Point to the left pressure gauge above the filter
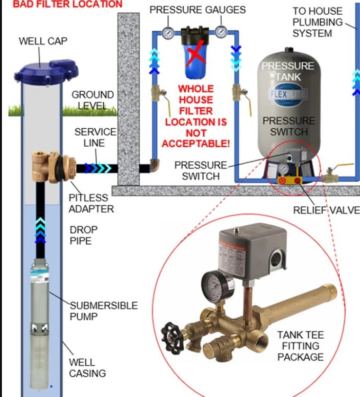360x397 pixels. pyautogui.click(x=168, y=33)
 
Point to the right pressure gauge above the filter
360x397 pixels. pyautogui.click(x=221, y=32)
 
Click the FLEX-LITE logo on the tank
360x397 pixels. pyautogui.click(x=288, y=95)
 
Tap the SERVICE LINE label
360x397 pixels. pyautogui.click(x=95, y=137)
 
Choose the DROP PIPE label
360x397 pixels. pyautogui.click(x=84, y=235)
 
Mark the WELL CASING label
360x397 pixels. pyautogui.click(x=87, y=368)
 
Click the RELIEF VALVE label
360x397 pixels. pyautogui.click(x=326, y=210)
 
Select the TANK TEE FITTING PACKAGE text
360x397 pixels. pyautogui.click(x=300, y=346)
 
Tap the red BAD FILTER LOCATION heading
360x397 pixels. pyautogui.click(x=61, y=5)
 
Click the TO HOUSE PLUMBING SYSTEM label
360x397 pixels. pyautogui.click(x=317, y=22)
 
